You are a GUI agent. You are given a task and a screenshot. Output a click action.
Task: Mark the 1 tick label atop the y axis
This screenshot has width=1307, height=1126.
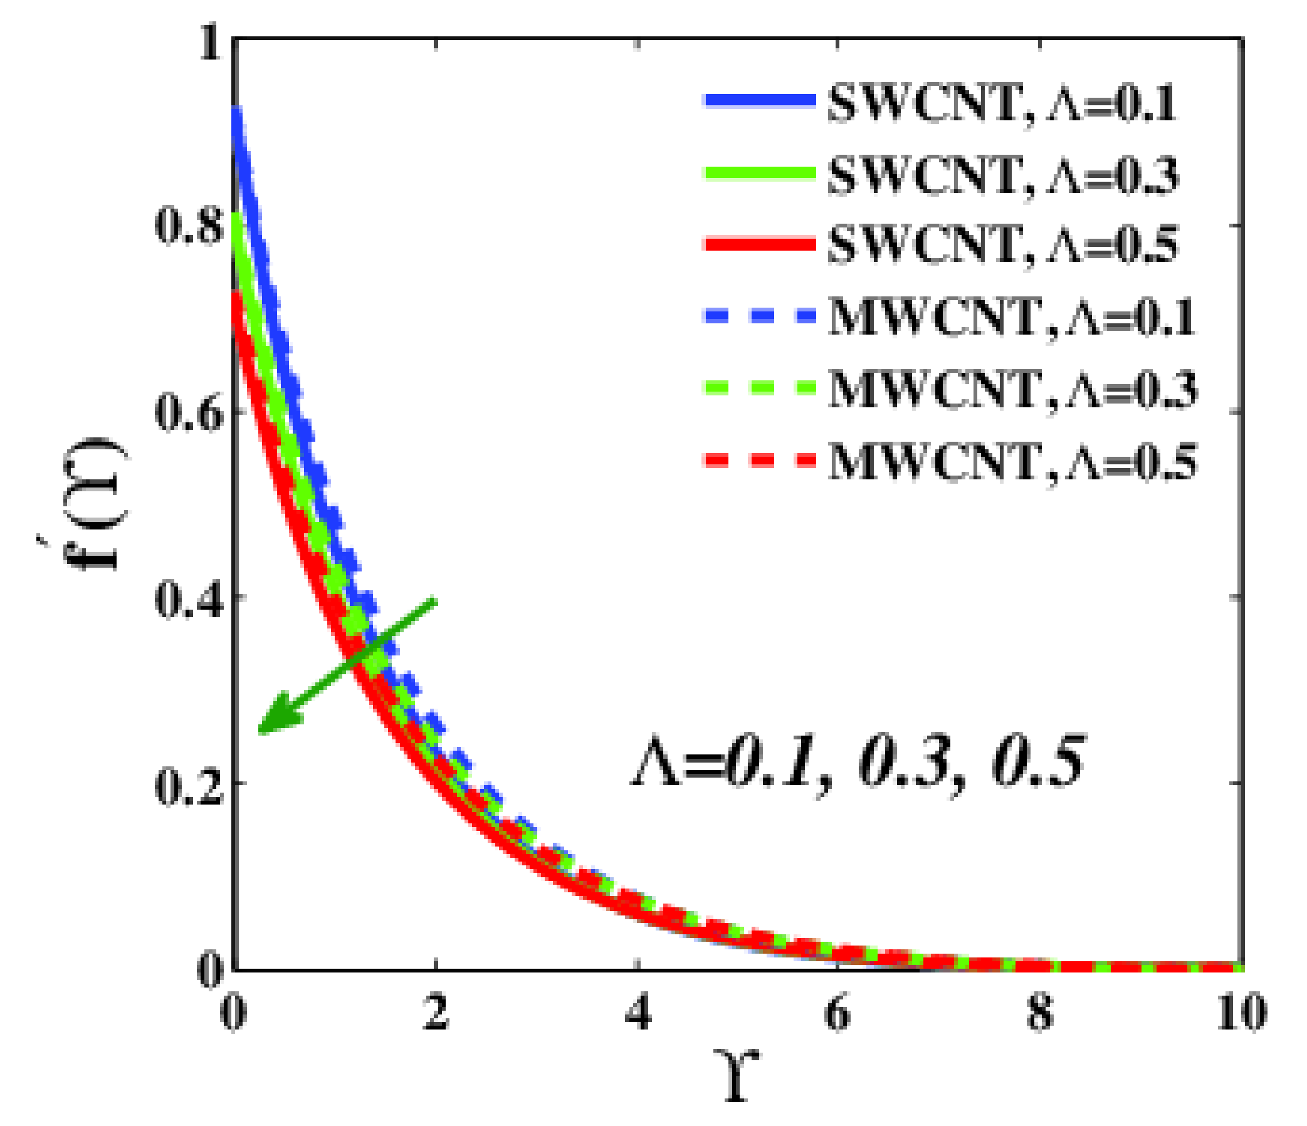[x=211, y=43]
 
